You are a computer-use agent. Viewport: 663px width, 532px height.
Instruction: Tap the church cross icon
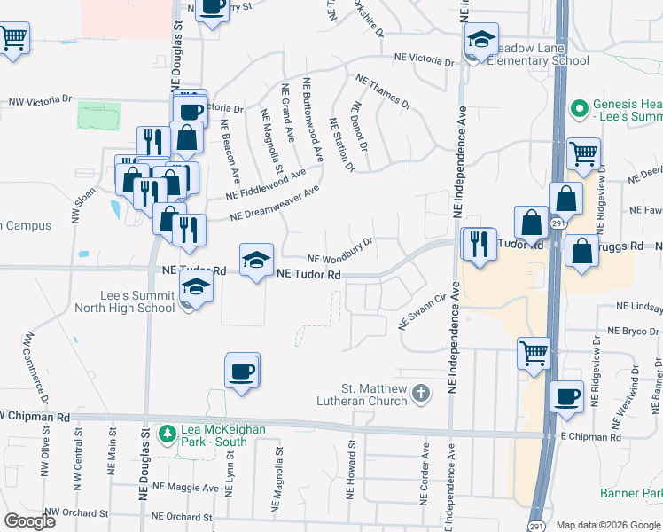(421, 391)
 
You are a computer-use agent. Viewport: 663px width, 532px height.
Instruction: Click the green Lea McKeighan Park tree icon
(166, 434)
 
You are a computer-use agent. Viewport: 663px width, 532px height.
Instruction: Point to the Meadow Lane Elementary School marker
(480, 40)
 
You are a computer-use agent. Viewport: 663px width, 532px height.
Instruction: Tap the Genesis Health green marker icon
(580, 109)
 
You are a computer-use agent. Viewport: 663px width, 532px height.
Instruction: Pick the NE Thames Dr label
(383, 92)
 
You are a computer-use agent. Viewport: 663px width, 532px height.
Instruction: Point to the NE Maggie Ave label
(185, 487)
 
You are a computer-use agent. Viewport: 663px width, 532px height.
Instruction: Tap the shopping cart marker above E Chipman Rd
(534, 353)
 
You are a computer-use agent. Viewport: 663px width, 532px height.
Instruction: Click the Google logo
(30, 520)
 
